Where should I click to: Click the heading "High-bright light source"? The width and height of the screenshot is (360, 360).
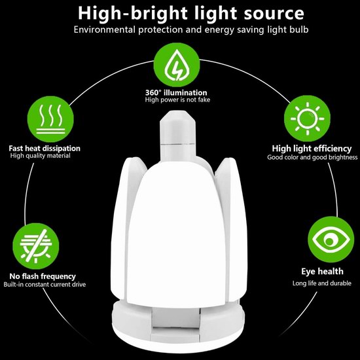pyautogui.click(x=191, y=14)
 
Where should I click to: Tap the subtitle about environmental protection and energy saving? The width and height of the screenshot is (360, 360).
pyautogui.click(x=191, y=30)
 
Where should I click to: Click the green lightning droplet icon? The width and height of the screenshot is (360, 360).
pyautogui.click(x=177, y=65)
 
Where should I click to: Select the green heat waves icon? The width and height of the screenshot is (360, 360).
pyautogui.click(x=50, y=119)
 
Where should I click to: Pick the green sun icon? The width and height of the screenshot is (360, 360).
pyautogui.click(x=307, y=118)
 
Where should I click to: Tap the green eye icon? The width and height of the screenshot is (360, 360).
pyautogui.click(x=331, y=239)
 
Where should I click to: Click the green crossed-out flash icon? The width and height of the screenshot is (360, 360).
pyautogui.click(x=36, y=246)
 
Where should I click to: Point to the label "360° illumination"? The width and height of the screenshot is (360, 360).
pyautogui.click(x=176, y=92)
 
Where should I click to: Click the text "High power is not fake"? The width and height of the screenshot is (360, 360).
pyautogui.click(x=177, y=100)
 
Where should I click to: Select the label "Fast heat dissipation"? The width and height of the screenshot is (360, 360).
pyautogui.click(x=45, y=149)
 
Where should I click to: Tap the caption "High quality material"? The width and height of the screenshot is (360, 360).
pyautogui.click(x=41, y=156)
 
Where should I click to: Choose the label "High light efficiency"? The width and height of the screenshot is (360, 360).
pyautogui.click(x=312, y=149)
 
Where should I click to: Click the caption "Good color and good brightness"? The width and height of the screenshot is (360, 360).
pyautogui.click(x=312, y=157)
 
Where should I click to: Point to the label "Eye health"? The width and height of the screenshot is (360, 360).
pyautogui.click(x=322, y=272)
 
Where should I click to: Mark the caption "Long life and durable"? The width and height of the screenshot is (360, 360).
pyautogui.click(x=322, y=283)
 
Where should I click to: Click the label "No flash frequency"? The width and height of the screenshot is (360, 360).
pyautogui.click(x=43, y=276)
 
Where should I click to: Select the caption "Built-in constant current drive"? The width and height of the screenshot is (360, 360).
pyautogui.click(x=45, y=285)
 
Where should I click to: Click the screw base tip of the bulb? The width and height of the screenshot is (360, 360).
pyautogui.click(x=177, y=128)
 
